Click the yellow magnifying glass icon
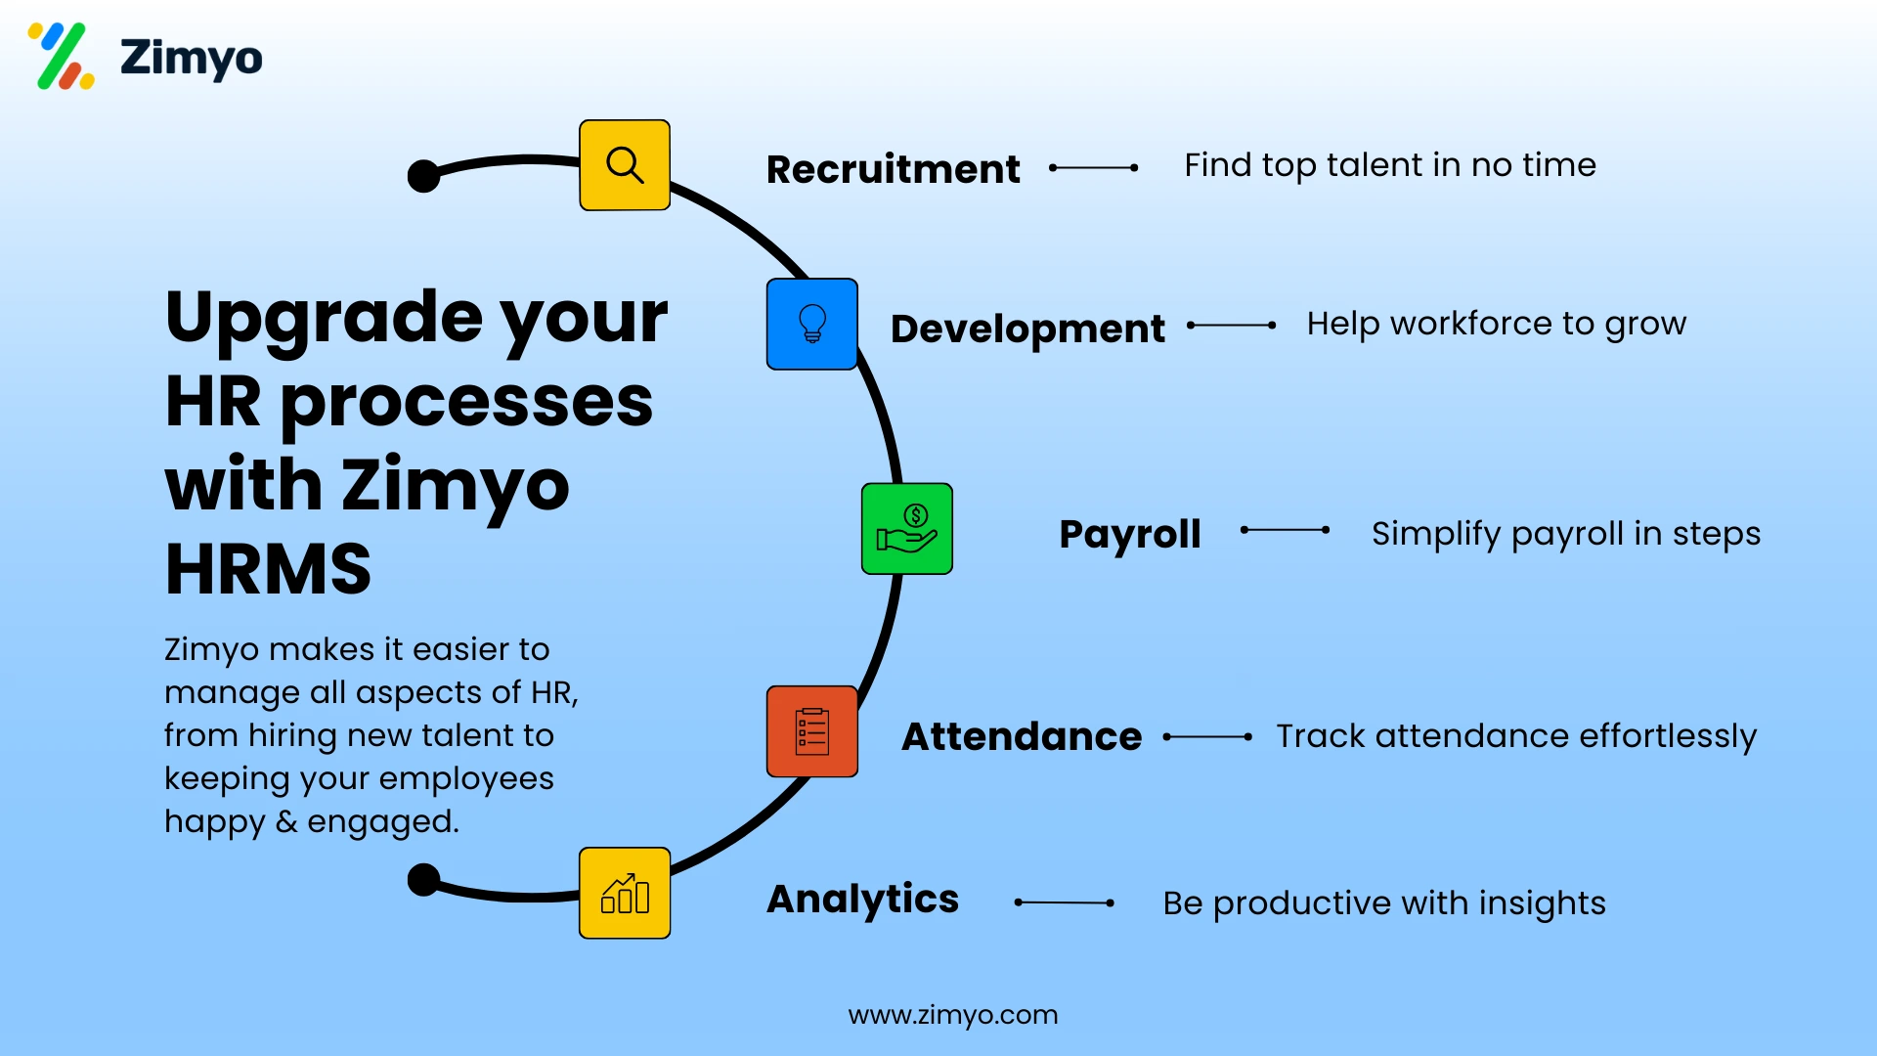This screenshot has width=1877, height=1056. click(625, 165)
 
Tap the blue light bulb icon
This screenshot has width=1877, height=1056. click(812, 324)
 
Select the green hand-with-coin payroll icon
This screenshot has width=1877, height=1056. click(907, 529)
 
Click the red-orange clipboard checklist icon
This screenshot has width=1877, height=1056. click(812, 731)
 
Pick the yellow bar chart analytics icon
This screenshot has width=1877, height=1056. click(625, 894)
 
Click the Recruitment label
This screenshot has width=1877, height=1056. click(893, 169)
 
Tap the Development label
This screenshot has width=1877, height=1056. click(1027, 329)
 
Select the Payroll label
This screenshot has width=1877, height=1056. click(1130, 534)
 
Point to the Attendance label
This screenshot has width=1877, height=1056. click(1022, 736)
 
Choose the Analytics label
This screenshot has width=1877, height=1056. click(862, 900)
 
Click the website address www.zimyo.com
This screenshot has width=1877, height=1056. click(953, 1015)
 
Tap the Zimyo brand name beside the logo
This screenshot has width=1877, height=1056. click(192, 58)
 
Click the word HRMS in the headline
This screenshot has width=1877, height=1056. click(268, 569)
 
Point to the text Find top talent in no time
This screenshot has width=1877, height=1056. click(1389, 165)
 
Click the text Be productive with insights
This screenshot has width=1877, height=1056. click(1383, 902)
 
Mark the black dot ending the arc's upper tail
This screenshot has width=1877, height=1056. click(423, 176)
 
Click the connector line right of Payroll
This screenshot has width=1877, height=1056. click(1285, 530)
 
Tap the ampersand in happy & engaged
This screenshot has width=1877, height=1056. click(286, 821)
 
